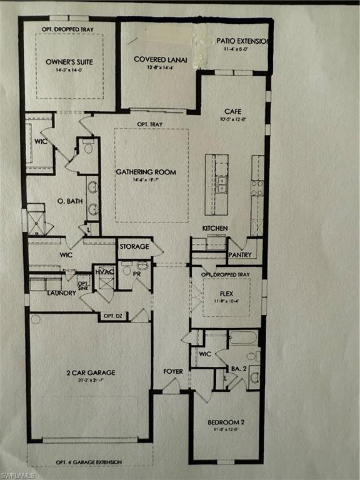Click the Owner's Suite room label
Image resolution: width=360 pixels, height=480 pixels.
[69, 62]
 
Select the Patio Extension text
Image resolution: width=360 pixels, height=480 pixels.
[242, 41]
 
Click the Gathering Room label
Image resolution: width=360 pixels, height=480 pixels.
[146, 172]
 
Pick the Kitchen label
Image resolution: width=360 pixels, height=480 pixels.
[214, 228]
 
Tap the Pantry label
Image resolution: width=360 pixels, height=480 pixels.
[240, 255]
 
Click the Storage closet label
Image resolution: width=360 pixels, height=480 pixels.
[134, 246]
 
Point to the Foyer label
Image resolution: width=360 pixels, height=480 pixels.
[173, 371]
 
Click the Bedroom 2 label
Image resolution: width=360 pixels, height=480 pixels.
[226, 422]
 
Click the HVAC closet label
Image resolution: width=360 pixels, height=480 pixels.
[103, 272]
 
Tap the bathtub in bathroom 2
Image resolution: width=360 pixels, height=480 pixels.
[242, 338]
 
